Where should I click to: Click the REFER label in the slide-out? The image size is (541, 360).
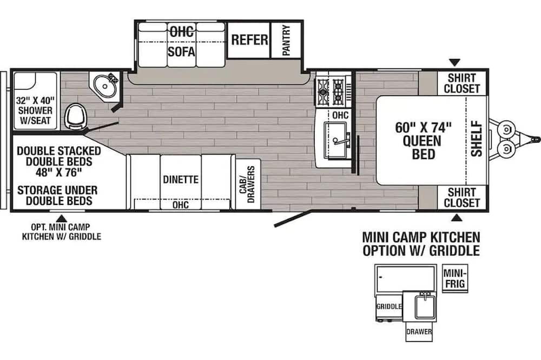249,40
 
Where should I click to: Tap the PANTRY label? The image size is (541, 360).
286,41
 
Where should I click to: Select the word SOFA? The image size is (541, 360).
181,52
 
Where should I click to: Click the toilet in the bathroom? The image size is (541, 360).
76,116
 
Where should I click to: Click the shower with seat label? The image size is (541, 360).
35,111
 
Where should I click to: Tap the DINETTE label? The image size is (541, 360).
181,179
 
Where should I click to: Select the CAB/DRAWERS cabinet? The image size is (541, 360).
247,184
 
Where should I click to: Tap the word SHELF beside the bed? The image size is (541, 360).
477,138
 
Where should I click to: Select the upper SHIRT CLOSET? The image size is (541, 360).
462,83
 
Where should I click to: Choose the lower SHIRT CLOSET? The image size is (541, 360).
462,197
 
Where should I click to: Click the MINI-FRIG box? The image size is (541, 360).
455,278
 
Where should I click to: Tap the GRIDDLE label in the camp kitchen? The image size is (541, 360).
389,306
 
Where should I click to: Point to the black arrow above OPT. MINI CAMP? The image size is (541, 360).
62,218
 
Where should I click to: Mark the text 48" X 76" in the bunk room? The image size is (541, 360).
60,172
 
